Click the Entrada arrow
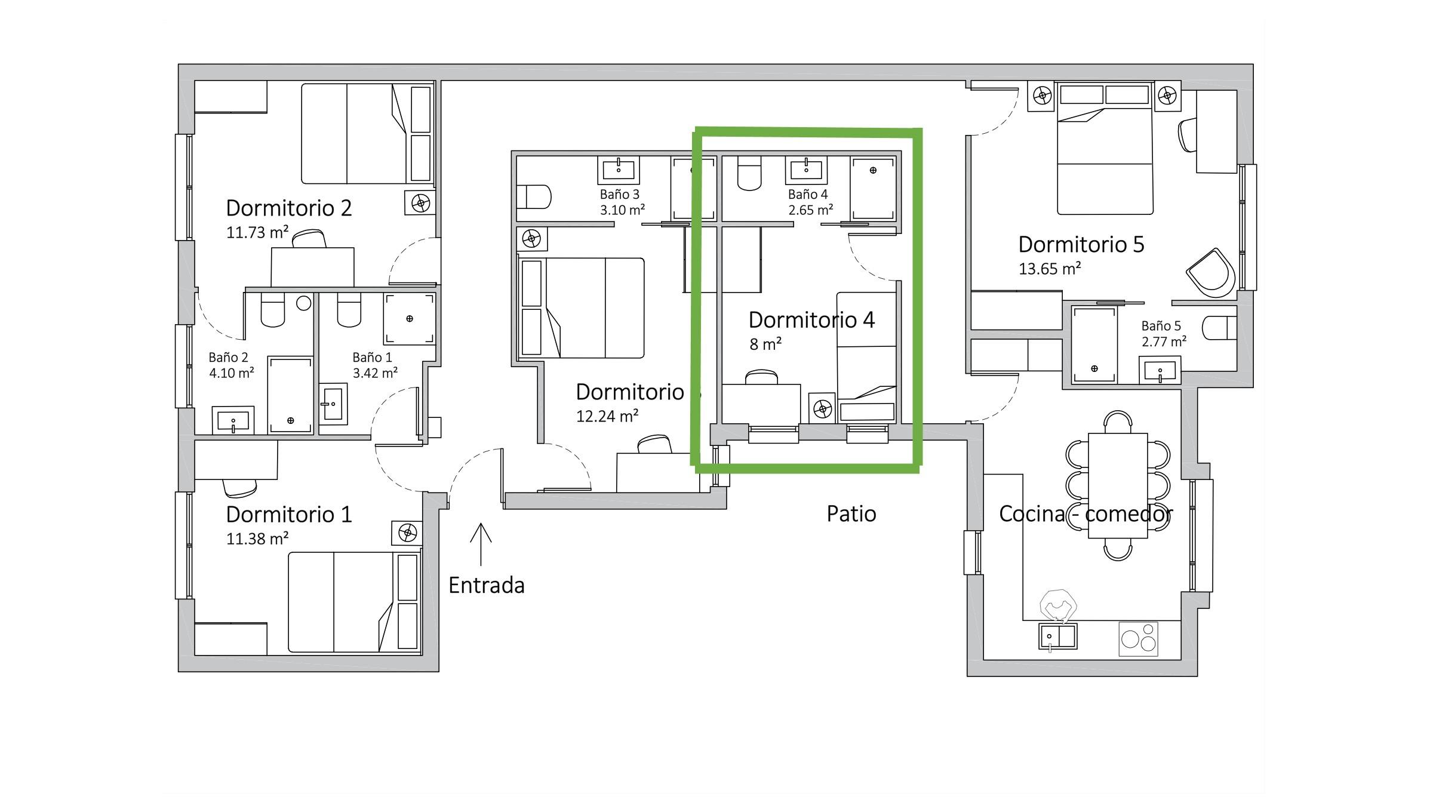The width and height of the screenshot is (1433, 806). (481, 544)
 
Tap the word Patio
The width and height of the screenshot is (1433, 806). (851, 513)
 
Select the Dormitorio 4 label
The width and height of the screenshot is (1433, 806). (811, 320)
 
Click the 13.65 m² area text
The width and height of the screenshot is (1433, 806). (1050, 269)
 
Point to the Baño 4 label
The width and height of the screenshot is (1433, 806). (808, 194)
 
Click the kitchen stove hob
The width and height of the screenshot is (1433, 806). (1138, 639)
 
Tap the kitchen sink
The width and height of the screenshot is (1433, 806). (1057, 636)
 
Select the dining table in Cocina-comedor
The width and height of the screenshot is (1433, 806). (1118, 486)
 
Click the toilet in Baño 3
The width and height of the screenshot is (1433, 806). (533, 196)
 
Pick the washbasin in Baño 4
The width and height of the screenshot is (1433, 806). (806, 170)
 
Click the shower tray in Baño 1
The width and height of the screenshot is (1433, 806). (409, 319)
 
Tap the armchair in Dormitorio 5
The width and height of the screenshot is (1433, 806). (1210, 273)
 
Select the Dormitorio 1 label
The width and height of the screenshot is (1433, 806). (289, 514)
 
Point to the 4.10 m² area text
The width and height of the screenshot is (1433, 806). (232, 373)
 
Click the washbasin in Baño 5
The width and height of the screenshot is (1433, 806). (1160, 370)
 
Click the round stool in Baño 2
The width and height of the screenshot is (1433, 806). (304, 303)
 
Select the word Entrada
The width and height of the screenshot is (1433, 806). (487, 585)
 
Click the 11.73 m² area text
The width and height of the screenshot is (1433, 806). (257, 232)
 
